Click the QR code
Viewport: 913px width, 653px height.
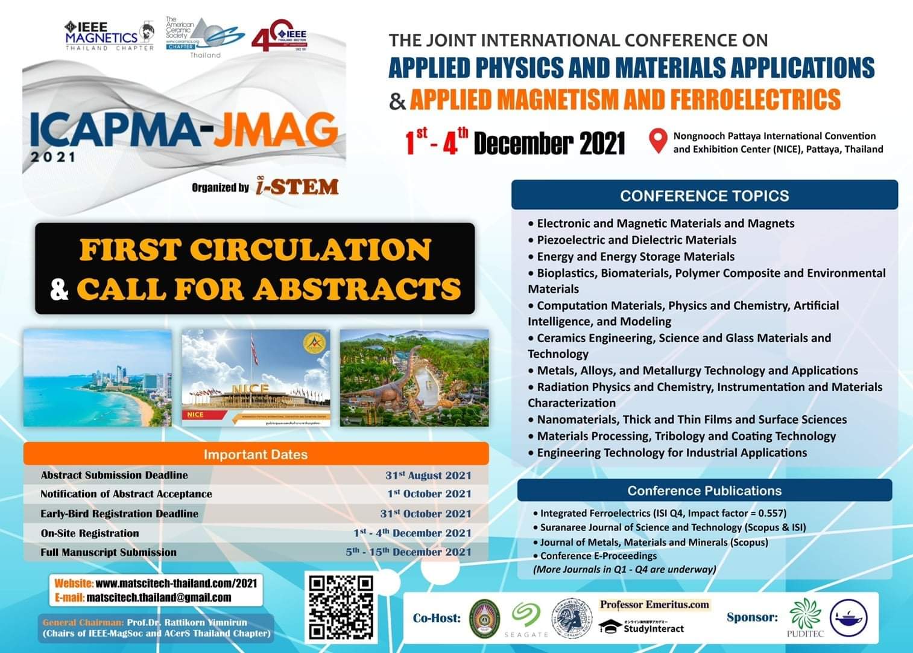(x=341, y=607)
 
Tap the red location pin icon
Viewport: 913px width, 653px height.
(x=657, y=141)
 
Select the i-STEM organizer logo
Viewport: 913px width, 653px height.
(x=296, y=186)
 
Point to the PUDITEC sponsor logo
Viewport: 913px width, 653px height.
(x=805, y=617)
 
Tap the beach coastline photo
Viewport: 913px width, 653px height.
(x=98, y=378)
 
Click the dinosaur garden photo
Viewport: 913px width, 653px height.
(x=414, y=378)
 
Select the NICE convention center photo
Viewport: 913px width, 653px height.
(x=256, y=378)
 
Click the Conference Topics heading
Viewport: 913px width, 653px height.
(x=704, y=196)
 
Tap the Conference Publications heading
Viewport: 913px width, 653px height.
(x=704, y=491)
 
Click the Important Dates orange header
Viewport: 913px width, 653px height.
(x=256, y=454)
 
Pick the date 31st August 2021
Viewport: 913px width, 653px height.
(x=428, y=476)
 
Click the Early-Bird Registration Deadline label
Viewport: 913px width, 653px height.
(x=119, y=514)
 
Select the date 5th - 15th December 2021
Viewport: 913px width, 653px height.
(x=408, y=552)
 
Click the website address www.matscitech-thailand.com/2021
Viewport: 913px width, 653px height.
(x=176, y=583)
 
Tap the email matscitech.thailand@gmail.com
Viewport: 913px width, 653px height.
(x=159, y=597)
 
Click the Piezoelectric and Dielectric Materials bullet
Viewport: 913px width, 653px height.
(x=636, y=240)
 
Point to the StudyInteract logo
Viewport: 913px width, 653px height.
(x=642, y=628)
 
